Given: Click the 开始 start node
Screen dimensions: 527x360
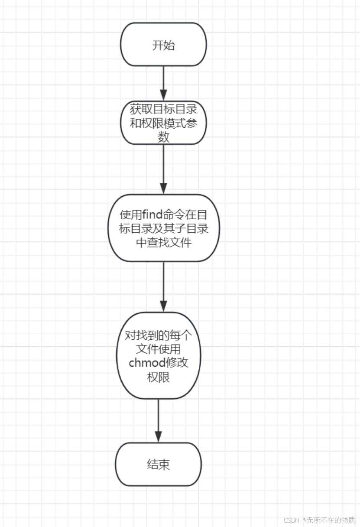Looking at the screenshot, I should [x=163, y=45].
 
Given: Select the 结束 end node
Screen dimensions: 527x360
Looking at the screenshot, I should [x=158, y=464].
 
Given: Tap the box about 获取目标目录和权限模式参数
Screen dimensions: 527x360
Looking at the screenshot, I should [x=163, y=123].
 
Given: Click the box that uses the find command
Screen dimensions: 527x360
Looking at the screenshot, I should [x=163, y=228].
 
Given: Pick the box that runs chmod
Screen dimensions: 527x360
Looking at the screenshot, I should [x=158, y=355].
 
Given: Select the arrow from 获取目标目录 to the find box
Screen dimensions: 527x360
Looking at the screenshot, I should [x=163, y=169].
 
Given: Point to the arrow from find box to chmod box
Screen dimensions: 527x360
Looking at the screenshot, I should [x=163, y=286].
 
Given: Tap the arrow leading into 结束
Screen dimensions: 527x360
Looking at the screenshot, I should [x=158, y=420].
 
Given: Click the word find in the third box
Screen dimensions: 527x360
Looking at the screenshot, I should [x=152, y=214].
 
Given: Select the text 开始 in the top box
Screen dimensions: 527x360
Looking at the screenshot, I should [x=163, y=45].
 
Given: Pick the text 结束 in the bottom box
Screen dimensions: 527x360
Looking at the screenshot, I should [x=158, y=465].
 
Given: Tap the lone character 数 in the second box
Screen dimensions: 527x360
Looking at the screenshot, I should [x=163, y=137].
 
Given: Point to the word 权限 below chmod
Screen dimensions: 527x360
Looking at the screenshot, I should [x=158, y=377].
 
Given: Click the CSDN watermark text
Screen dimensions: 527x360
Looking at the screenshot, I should [x=292, y=520].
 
